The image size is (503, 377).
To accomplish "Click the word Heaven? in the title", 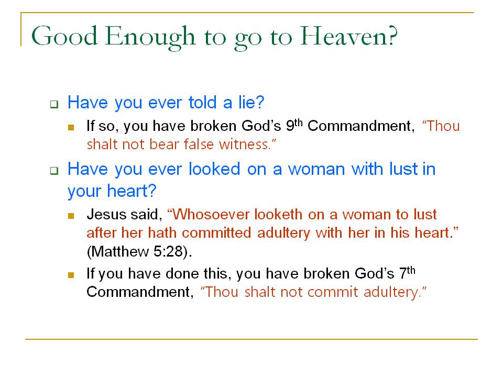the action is (x=349, y=36).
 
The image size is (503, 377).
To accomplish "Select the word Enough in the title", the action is (x=149, y=38).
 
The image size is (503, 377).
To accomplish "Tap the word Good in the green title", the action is (x=64, y=36).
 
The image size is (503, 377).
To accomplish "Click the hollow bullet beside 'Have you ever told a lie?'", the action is (x=54, y=104).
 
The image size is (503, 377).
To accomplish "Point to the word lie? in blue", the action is (x=251, y=102).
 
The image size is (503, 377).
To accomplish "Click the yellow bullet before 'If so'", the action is (x=71, y=127).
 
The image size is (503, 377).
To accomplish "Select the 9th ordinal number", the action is (x=294, y=125).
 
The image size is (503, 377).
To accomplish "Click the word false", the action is (x=199, y=145).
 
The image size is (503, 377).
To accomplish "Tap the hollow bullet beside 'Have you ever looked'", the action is (x=54, y=171).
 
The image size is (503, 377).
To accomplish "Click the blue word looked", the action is (x=214, y=169).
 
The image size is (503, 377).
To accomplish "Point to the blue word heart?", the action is (x=132, y=191).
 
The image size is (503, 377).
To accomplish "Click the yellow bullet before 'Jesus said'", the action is (x=71, y=216).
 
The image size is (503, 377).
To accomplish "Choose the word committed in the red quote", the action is (x=216, y=232).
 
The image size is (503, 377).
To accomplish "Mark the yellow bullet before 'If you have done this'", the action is (x=71, y=275).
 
